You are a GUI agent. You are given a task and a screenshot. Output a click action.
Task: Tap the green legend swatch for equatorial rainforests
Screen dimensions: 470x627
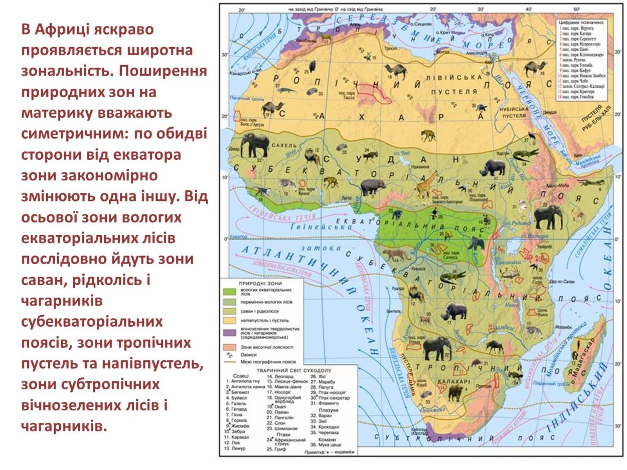pos(230,291)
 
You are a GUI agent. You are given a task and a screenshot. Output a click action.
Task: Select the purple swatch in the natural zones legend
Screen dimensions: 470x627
pos(230,332)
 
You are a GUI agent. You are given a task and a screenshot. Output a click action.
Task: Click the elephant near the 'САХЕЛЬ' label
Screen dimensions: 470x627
pos(255,146)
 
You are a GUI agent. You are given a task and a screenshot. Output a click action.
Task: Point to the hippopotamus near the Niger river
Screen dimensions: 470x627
pos(373,187)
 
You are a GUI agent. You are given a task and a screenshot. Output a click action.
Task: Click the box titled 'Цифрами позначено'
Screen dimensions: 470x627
pos(582,50)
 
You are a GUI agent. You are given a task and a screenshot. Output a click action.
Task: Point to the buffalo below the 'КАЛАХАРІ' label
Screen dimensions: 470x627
pos(454,392)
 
